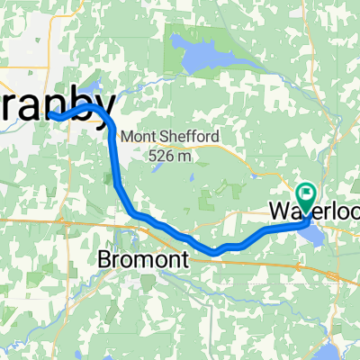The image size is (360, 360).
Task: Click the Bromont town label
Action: tap(142, 259)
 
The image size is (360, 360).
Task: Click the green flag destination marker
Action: tap(307, 193)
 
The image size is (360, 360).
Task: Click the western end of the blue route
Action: tap(51, 115)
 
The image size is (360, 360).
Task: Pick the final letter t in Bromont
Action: tap(184, 259)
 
